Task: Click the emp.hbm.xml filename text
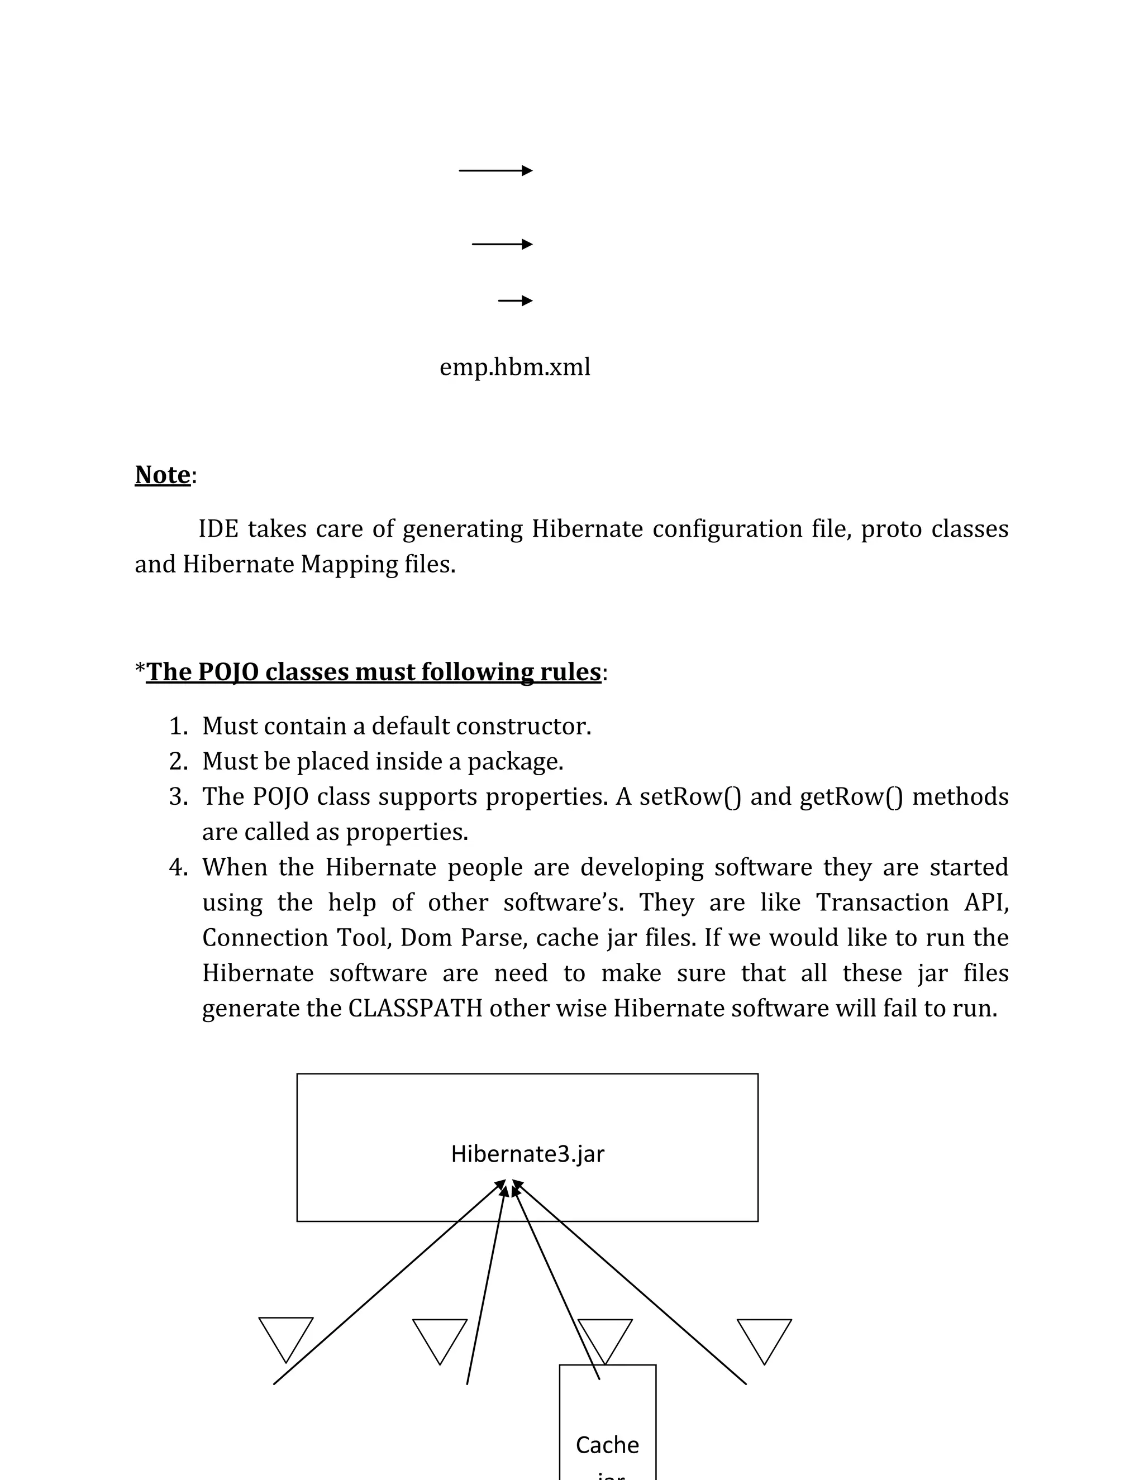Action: tap(514, 367)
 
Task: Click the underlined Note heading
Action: tap(163, 475)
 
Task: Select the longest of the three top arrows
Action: tap(495, 171)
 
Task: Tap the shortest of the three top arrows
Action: tap(515, 300)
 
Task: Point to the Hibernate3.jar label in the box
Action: tap(527, 1154)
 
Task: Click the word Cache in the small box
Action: tap(607, 1445)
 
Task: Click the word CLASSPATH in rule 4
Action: tap(415, 1008)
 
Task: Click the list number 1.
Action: tap(178, 727)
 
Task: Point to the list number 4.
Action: tap(178, 867)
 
